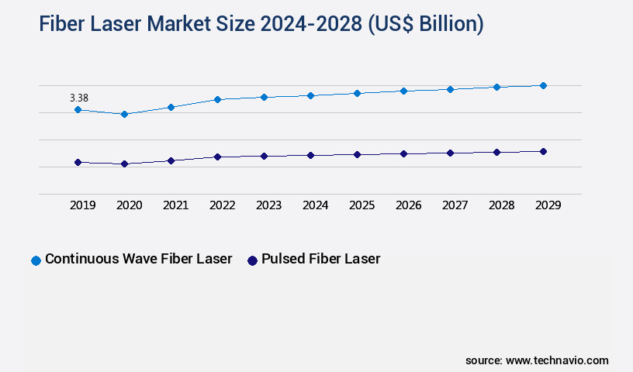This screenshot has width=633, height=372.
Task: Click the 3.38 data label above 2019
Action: (78, 98)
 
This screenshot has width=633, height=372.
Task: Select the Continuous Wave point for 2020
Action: (124, 114)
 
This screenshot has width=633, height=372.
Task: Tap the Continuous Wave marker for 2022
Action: (217, 99)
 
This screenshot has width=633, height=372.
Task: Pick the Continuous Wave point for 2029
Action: (543, 85)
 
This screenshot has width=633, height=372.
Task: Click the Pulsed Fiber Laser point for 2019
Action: (78, 162)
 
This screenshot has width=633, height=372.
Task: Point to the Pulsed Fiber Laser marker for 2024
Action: (310, 155)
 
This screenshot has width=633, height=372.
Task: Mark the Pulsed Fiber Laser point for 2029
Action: (543, 151)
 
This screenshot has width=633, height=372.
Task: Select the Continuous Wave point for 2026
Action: (403, 91)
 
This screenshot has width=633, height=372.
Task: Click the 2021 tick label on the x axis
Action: (175, 205)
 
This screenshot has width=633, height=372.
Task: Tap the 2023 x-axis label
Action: (268, 205)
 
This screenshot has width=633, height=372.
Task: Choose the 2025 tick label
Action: (361, 205)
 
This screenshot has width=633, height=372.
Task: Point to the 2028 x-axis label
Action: (501, 205)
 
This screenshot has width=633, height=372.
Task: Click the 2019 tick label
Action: (82, 205)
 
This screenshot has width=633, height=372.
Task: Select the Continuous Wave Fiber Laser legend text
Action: (138, 259)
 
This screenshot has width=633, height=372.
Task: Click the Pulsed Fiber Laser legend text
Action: (320, 259)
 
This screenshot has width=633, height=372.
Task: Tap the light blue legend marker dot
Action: (36, 260)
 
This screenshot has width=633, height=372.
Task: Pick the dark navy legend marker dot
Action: (251, 260)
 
